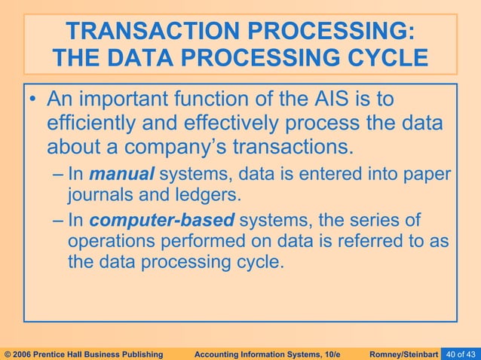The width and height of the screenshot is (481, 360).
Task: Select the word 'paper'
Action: (429, 175)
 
